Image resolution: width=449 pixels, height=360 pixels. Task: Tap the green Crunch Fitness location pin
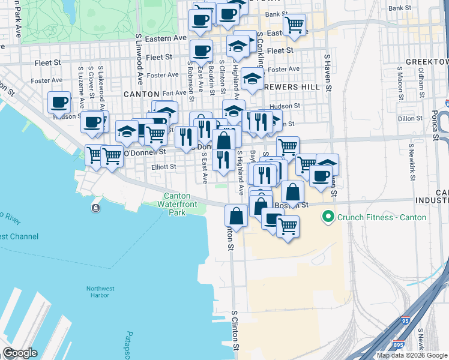328,217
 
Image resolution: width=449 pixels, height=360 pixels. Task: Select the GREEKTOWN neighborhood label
427,62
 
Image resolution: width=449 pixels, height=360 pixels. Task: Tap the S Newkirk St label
411,162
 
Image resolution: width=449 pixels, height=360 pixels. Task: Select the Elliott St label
164,167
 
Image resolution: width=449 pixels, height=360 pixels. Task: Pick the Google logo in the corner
20,353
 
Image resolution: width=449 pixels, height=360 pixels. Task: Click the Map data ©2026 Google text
411,355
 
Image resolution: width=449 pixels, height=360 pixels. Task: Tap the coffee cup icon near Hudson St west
59,103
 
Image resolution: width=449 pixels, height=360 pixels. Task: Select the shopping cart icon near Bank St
294,25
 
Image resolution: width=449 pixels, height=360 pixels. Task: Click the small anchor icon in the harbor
95,208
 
